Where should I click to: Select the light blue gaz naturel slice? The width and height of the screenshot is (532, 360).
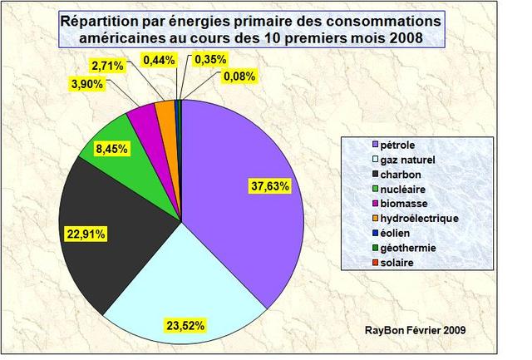tap(183, 299)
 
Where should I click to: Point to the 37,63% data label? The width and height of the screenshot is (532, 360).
tap(268, 187)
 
